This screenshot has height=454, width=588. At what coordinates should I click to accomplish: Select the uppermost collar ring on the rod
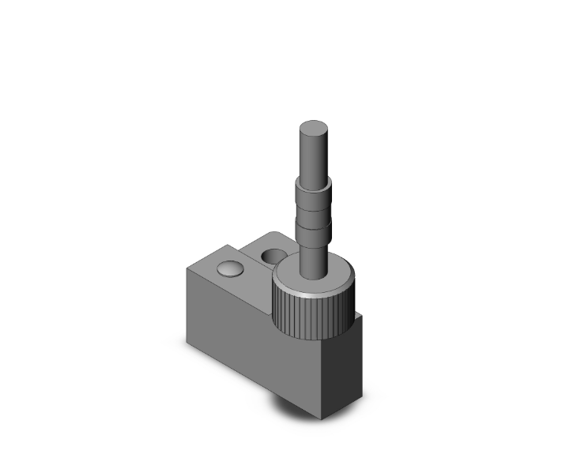pos(314,191)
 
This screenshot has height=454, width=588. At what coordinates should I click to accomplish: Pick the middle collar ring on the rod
pos(314,216)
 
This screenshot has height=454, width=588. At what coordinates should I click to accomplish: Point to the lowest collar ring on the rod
pos(314,235)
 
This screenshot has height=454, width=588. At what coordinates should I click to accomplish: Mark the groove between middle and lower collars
pos(314,226)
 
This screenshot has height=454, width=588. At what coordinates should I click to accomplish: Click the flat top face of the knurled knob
pos(332,276)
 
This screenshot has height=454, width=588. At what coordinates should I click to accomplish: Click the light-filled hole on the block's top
pos(230,269)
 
